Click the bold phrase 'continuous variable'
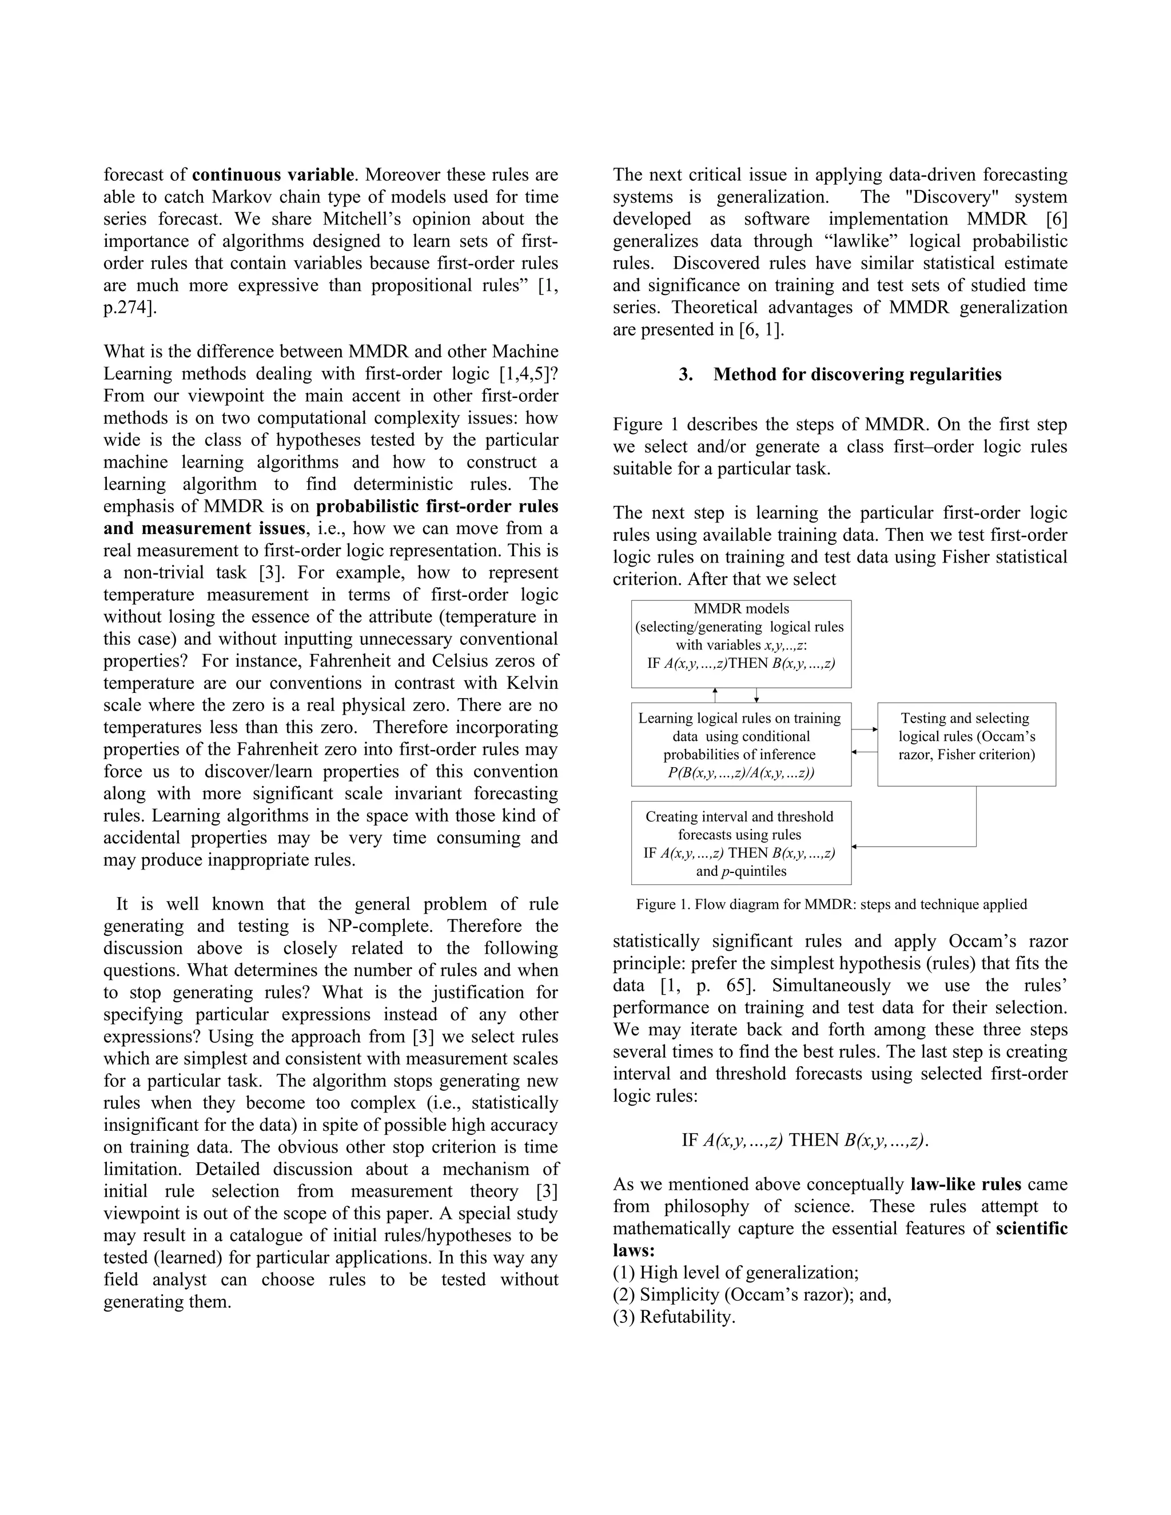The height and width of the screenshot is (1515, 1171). (x=273, y=175)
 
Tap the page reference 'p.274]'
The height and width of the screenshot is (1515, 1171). (x=130, y=308)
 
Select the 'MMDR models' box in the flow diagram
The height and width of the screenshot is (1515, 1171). (x=741, y=643)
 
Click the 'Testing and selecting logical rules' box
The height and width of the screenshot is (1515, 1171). (x=966, y=744)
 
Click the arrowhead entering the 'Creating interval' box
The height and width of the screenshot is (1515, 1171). (x=855, y=846)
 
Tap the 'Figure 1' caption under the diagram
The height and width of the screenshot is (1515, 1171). (x=831, y=904)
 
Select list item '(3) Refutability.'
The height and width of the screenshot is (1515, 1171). (x=674, y=1317)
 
